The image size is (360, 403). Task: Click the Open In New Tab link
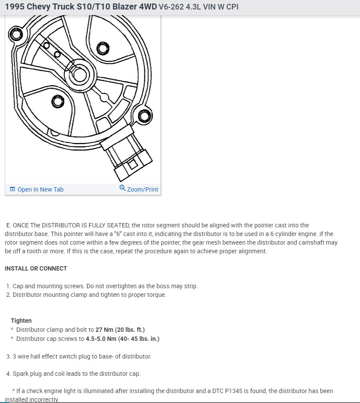[40, 189]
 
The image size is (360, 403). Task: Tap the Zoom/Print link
[142, 189]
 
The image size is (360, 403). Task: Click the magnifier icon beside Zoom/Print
[122, 188]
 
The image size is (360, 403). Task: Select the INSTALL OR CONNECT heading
[36, 268]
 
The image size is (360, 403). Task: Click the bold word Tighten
[21, 321]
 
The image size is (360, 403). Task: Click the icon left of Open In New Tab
[13, 189]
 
